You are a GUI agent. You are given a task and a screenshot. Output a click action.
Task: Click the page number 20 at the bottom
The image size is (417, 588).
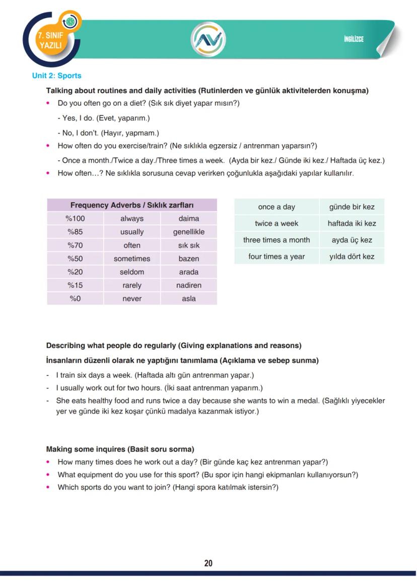click(208, 563)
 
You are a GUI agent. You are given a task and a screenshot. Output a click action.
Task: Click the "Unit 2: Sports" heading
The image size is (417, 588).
click(56, 76)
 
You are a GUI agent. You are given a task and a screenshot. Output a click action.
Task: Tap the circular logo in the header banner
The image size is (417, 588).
click(208, 39)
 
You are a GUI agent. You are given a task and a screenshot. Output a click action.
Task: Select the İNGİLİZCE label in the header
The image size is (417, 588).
click(354, 39)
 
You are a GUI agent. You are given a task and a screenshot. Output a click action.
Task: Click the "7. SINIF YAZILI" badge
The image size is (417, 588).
click(49, 40)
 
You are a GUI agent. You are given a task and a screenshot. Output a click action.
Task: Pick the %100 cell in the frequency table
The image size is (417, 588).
click(75, 219)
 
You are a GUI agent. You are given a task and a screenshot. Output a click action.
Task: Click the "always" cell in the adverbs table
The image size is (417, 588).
click(132, 219)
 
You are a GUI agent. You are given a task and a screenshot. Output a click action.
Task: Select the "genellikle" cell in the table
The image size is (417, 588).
click(189, 232)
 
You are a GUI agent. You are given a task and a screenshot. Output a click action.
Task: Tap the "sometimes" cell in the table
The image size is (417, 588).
click(132, 258)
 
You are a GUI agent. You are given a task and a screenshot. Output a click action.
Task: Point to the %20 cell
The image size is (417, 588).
click(75, 272)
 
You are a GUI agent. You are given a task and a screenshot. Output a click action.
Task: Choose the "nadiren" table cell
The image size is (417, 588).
click(189, 285)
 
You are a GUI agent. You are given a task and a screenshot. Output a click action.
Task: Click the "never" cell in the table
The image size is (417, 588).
click(132, 299)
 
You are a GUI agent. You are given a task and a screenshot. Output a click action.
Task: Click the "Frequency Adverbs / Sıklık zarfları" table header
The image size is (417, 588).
click(132, 205)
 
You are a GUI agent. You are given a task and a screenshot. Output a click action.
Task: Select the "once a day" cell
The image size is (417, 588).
click(276, 207)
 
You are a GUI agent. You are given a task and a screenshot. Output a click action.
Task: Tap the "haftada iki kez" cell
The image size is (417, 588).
click(352, 223)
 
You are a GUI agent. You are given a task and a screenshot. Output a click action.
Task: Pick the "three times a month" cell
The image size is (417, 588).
click(276, 240)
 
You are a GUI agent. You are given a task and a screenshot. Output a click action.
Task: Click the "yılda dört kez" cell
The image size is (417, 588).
click(352, 256)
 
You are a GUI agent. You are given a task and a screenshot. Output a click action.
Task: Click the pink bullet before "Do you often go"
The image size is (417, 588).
click(48, 103)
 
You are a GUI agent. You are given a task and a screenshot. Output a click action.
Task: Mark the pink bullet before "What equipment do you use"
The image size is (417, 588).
click(48, 475)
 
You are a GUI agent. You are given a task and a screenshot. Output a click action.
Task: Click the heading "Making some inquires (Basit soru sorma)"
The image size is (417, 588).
click(120, 449)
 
